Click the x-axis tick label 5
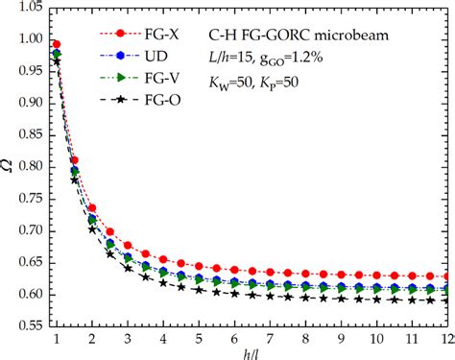pyautogui.click(x=199, y=339)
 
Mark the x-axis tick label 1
pyautogui.click(x=57, y=339)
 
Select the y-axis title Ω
pyautogui.click(x=9, y=169)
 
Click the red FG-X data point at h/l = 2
pyautogui.click(x=92, y=208)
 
